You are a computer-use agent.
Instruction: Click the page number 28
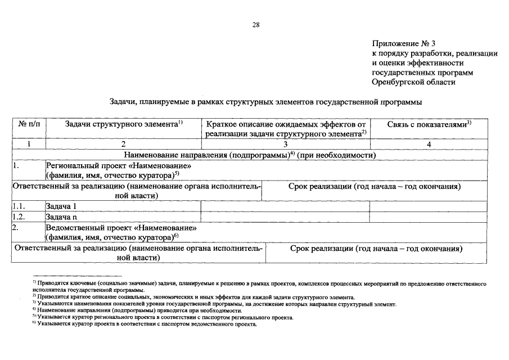[x=255, y=24]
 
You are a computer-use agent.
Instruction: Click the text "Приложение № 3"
[x=404, y=43]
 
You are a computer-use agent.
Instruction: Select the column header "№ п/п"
[x=30, y=124]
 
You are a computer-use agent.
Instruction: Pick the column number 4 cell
[x=429, y=144]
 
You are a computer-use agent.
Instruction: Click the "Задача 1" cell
[x=61, y=206]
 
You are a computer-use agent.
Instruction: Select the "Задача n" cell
[x=61, y=217]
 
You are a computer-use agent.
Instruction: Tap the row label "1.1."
[x=19, y=206]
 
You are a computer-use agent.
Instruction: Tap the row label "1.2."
[x=19, y=217]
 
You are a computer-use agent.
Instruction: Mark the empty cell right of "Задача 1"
[x=285, y=206]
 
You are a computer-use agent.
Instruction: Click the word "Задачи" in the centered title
[x=121, y=102]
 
